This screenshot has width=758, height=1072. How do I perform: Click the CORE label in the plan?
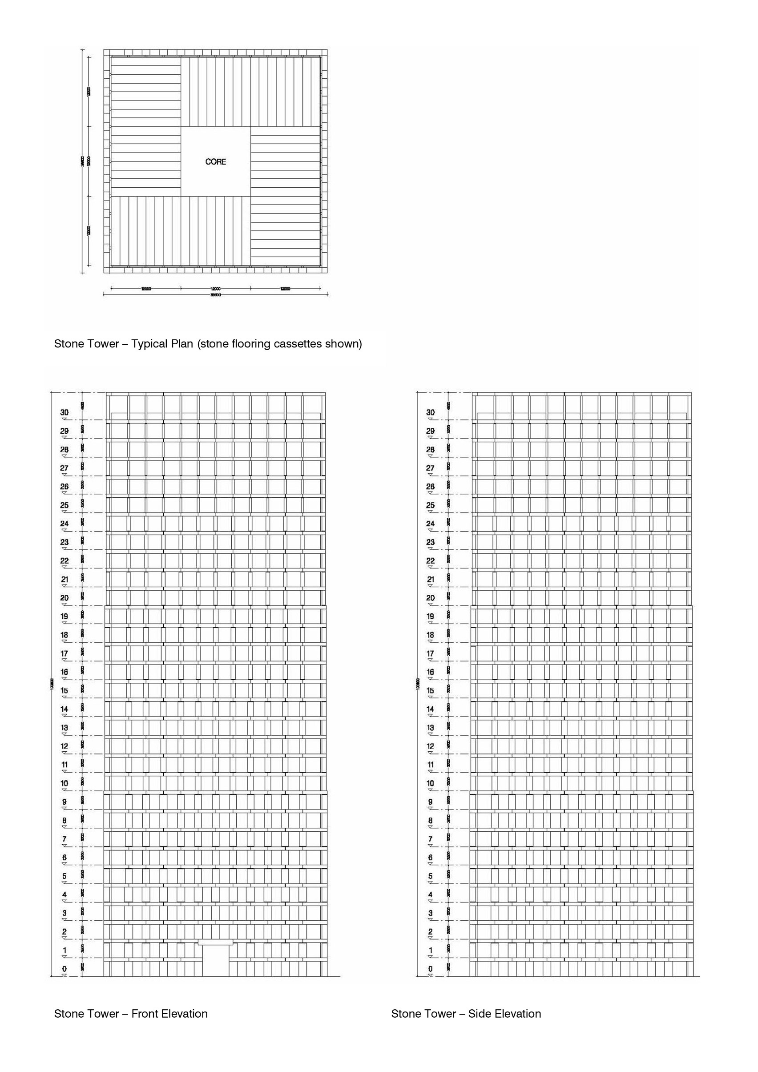(x=215, y=161)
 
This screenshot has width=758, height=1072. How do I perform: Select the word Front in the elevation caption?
(x=144, y=1014)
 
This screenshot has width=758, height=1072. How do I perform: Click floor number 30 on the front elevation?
(x=65, y=412)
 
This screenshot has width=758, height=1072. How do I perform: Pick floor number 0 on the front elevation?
(x=65, y=969)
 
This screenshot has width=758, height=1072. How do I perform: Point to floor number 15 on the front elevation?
(x=65, y=690)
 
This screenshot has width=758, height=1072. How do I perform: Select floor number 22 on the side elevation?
(x=430, y=561)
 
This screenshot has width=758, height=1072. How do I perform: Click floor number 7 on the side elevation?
(x=430, y=839)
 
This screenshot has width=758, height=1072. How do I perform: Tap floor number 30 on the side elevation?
(x=430, y=412)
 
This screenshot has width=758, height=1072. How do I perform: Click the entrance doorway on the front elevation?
(x=216, y=962)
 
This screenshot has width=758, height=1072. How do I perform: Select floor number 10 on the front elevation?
(x=65, y=783)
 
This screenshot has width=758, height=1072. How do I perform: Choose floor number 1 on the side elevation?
(x=430, y=950)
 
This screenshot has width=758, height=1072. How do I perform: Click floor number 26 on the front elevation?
(x=65, y=487)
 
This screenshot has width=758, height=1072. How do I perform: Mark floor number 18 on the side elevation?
(x=430, y=635)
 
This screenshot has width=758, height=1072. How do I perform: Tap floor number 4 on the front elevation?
(x=65, y=895)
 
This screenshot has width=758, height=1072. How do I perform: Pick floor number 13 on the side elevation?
(x=430, y=727)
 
